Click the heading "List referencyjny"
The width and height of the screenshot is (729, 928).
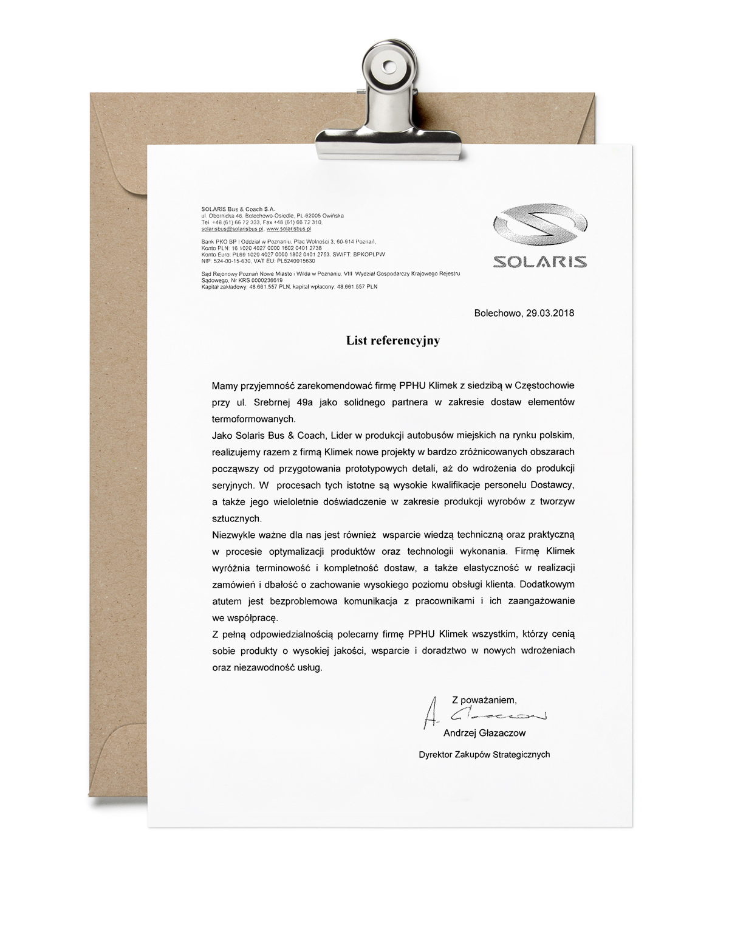pyautogui.click(x=393, y=341)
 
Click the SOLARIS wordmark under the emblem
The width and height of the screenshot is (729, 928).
pyautogui.click(x=539, y=261)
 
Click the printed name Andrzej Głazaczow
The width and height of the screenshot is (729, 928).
pyautogui.click(x=484, y=733)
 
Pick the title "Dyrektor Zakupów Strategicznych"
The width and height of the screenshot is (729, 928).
pyautogui.click(x=484, y=755)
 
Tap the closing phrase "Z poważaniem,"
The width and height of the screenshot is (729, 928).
pyautogui.click(x=484, y=699)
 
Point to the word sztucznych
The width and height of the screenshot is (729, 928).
pyautogui.click(x=237, y=518)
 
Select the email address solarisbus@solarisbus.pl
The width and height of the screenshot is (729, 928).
pyautogui.click(x=231, y=230)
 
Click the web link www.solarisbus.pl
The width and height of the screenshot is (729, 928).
pyautogui.click(x=289, y=230)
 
